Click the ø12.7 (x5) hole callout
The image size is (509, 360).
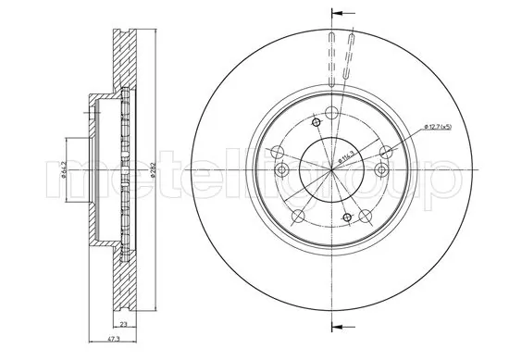pos(435,127)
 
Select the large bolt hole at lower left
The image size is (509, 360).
pos(297,218)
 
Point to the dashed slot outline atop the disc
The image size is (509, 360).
pos(341,56)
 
